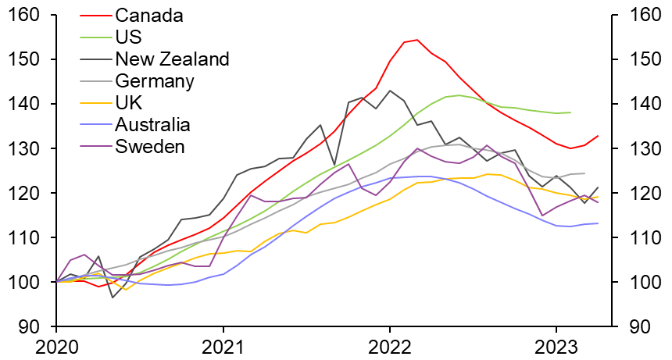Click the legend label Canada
(149, 15)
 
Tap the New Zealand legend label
(172, 59)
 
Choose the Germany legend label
(155, 80)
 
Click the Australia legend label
(152, 124)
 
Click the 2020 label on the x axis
(56, 345)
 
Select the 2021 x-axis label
(223, 345)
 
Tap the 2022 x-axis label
(390, 345)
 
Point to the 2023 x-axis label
(556, 345)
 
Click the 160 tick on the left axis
(27, 15)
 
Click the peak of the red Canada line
(417, 40)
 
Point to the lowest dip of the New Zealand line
(112, 297)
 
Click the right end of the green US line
(570, 112)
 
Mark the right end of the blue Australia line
(599, 223)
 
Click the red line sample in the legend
(95, 15)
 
